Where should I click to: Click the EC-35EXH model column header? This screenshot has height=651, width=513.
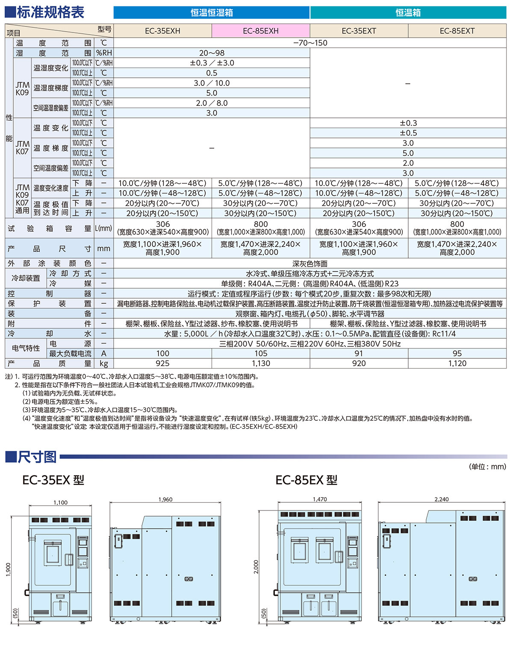162,31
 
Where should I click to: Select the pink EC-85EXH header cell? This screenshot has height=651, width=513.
261,31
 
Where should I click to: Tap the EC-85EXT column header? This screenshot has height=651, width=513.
457,31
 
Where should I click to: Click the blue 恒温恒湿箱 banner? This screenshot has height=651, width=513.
212,13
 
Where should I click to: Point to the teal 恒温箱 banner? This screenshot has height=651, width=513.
408,13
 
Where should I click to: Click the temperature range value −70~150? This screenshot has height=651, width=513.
310,43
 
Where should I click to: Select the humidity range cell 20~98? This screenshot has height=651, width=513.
212,53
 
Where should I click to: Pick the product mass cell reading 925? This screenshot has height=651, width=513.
162,364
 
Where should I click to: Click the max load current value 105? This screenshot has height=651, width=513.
261,353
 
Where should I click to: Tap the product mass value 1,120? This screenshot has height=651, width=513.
457,364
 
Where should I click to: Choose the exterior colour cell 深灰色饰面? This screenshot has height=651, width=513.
310,264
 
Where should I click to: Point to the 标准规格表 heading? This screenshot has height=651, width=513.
50,12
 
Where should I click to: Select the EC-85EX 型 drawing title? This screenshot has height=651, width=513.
307,480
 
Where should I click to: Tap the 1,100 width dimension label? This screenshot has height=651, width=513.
60,502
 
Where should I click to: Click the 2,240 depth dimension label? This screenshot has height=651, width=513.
442,499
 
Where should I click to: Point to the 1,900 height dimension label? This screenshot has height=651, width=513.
8,569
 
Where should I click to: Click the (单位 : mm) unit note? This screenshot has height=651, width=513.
487,466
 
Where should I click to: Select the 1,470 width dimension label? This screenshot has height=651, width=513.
320,499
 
